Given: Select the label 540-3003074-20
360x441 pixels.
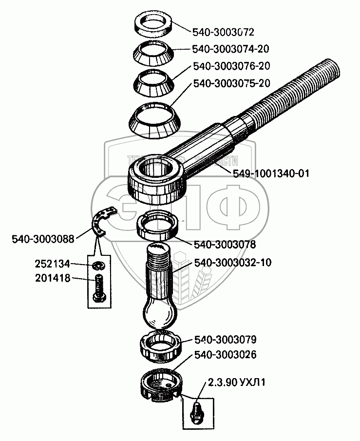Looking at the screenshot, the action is point(231,49).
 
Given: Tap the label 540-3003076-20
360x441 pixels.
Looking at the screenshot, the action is point(231,66).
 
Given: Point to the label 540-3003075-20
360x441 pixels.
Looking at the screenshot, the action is point(231,83).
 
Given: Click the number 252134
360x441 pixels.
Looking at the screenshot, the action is point(53,264).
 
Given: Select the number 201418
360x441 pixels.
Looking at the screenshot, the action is point(53,278).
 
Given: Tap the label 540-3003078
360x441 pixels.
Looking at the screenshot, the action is point(225,244).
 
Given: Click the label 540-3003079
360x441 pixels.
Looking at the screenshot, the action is point(225,339).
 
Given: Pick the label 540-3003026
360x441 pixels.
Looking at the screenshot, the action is point(225,355).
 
